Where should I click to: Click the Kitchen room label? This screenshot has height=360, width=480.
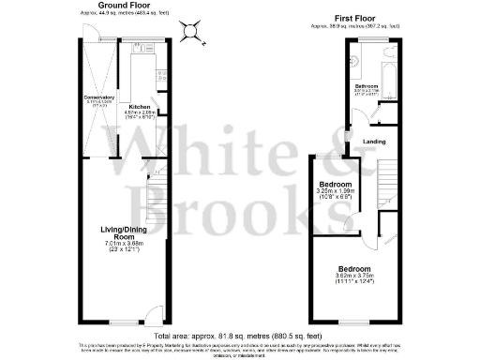(140, 107)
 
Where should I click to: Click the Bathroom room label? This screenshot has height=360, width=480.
(367, 86)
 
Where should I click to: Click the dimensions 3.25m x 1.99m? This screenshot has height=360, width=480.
(335, 192)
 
